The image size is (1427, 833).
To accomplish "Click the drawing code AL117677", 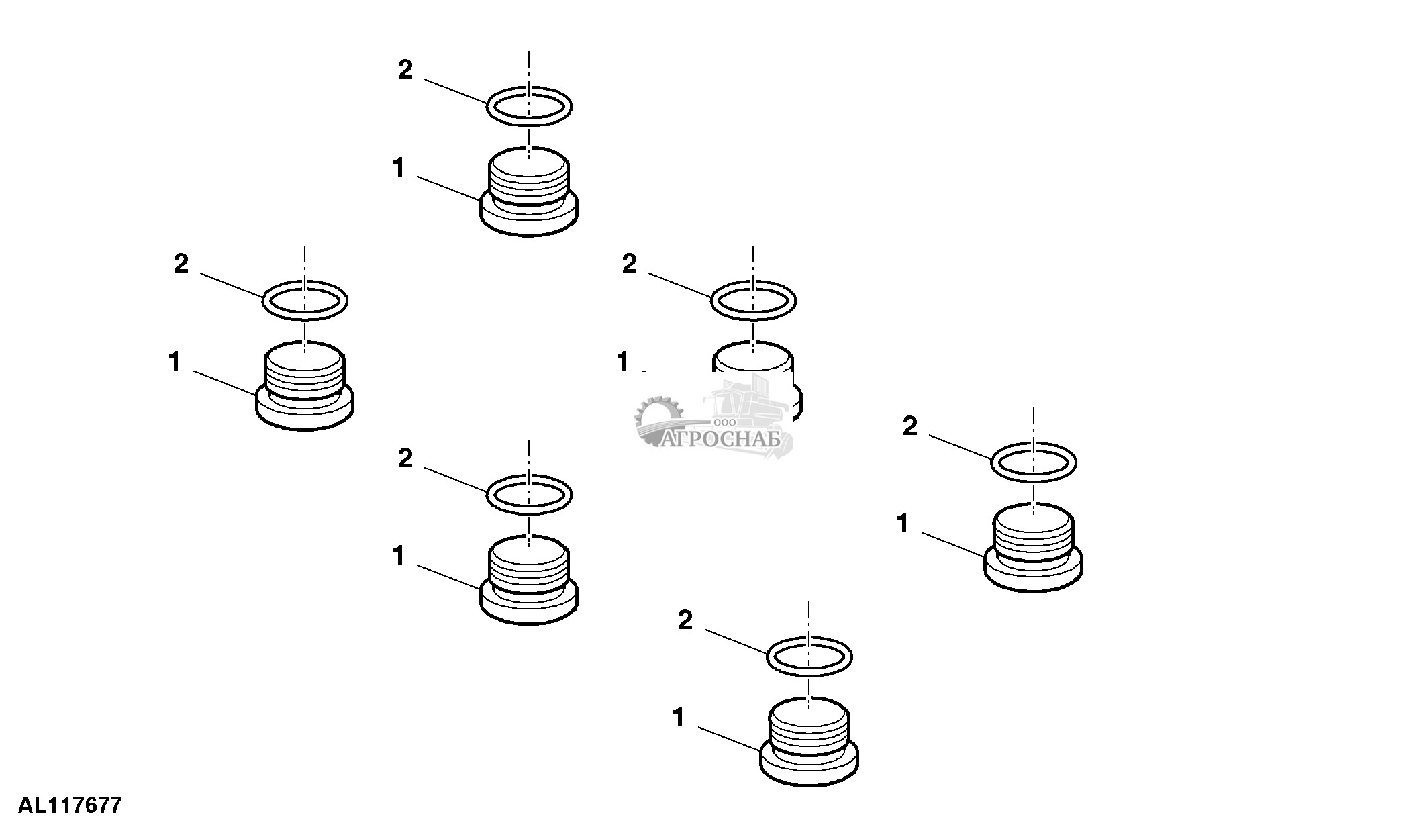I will [x=70, y=805].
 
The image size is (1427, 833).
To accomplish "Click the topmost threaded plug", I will [x=529, y=191].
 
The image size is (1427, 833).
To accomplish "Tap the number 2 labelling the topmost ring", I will [x=405, y=70].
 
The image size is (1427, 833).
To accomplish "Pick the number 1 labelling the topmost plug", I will [x=399, y=168].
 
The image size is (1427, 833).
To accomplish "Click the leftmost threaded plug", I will [x=305, y=386].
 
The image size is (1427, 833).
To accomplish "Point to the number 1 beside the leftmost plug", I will [x=175, y=362].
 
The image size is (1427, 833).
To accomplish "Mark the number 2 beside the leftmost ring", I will [x=181, y=264].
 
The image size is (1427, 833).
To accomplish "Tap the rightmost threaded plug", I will [x=1033, y=547].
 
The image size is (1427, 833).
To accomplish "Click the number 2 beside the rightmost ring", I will [x=910, y=426].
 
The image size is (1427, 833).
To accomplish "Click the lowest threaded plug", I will [x=809, y=742].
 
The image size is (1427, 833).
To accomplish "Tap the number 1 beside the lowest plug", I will [x=679, y=718].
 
